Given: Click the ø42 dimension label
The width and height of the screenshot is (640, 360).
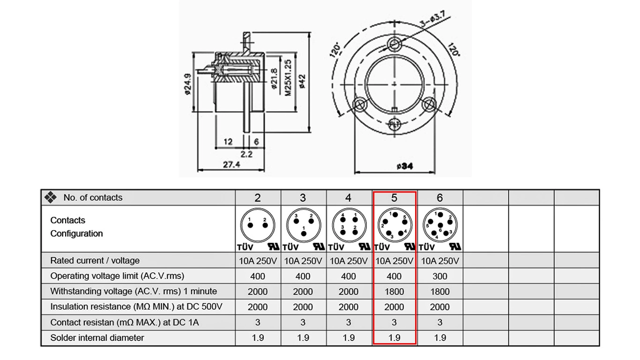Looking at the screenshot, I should (x=302, y=81).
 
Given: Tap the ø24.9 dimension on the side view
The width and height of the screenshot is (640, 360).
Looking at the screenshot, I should (x=188, y=84).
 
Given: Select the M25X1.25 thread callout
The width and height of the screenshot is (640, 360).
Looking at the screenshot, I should (x=289, y=78).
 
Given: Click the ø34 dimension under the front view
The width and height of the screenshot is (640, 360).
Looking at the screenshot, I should (x=404, y=166).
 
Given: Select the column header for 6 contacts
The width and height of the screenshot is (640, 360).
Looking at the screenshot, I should (x=439, y=198).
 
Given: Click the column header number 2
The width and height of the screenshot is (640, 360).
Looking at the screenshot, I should (x=258, y=198).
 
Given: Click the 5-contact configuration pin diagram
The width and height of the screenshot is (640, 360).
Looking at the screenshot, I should (x=394, y=225).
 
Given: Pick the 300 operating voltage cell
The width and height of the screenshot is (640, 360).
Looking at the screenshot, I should (x=439, y=276).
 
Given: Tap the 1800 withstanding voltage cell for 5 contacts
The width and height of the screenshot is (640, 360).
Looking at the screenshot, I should (x=394, y=292).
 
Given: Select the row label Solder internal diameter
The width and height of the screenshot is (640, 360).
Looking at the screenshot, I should (x=97, y=337).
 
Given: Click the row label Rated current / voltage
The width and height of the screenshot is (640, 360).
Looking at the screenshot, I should (x=95, y=261).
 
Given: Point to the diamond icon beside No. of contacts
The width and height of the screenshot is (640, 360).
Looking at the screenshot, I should (x=50, y=197).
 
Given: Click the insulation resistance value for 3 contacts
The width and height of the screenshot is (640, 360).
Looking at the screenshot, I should (x=303, y=307).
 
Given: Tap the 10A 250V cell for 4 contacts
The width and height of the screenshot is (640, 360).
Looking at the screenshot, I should (x=349, y=261).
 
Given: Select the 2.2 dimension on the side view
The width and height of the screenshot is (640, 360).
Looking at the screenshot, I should (x=247, y=154).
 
